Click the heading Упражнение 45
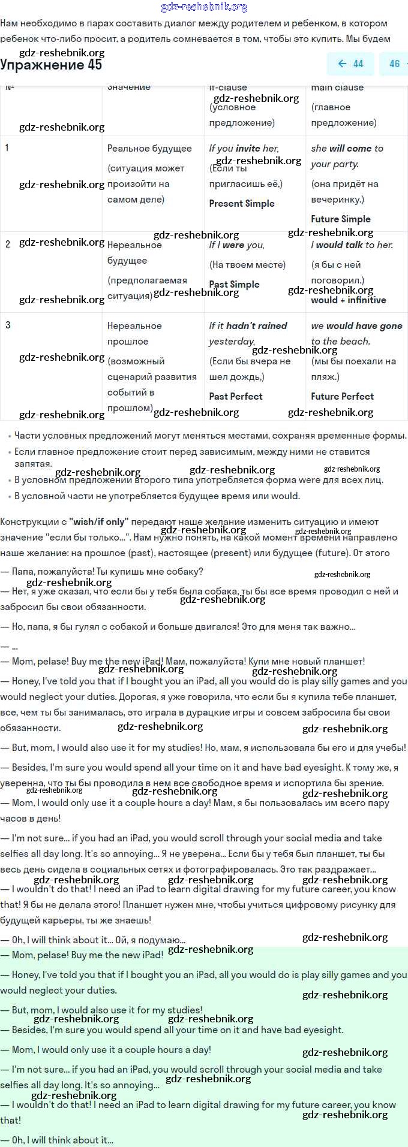pos(51,65)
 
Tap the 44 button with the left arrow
pos(351,64)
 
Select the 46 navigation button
pos(394,64)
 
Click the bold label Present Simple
pos(242,204)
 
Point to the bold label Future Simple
pos(341,219)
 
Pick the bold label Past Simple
pos(235,285)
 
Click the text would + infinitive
pos(349,300)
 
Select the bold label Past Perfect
pos(236,397)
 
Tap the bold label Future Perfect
pos(342,397)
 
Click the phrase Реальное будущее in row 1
pos(149,149)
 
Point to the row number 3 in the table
pos(8,325)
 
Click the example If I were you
pos(237,245)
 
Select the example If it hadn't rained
pos(248,326)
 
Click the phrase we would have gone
pos(356,326)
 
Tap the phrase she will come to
pos(347,149)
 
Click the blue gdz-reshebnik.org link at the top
pos(204,7)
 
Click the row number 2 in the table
pos(8,245)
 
